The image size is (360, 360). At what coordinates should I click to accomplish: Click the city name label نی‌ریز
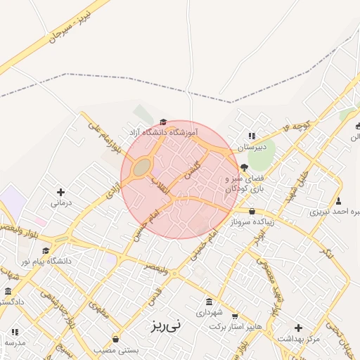pyautogui.click(x=165, y=326)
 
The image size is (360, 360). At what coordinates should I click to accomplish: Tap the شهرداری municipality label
pyautogui.click(x=209, y=311)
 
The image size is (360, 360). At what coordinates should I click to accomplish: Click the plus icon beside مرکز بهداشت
pyautogui.click(x=299, y=327)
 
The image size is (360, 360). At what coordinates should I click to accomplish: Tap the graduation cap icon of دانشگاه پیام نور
pyautogui.click(x=46, y=250)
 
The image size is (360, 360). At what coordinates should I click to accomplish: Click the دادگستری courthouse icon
pyautogui.click(x=8, y=291)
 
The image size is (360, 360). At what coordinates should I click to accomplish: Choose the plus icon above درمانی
pyautogui.click(x=60, y=192)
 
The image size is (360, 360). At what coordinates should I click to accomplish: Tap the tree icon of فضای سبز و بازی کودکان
pyautogui.click(x=244, y=167)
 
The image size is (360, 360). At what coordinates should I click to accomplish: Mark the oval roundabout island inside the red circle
pyautogui.click(x=142, y=167)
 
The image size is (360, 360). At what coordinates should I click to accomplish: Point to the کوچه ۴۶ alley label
pyautogui.click(x=297, y=125)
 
